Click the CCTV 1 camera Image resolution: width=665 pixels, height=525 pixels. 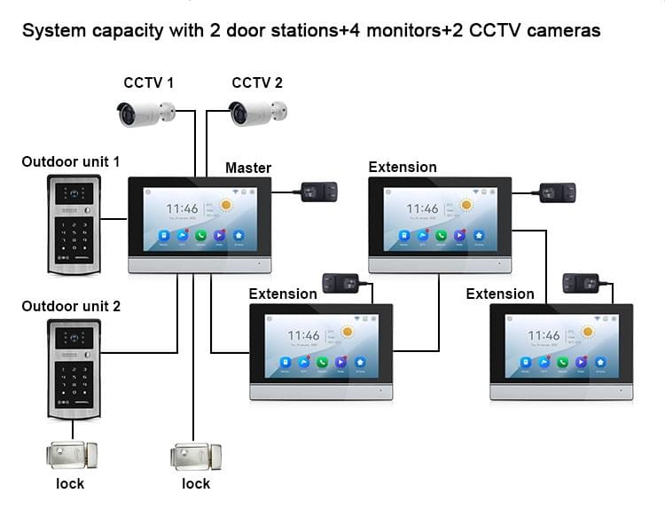click(145, 113)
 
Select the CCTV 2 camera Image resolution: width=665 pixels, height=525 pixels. click(257, 113)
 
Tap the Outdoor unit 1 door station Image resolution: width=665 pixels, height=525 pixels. click(74, 224)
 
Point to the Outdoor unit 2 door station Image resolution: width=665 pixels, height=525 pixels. click(74, 369)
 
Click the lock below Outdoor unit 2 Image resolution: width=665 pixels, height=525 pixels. click(73, 456)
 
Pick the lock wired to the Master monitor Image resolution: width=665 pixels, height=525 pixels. click(195, 456)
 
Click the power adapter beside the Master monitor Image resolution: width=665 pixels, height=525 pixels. click(319, 191)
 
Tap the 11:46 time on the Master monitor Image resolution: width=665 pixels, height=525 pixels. click(182, 209)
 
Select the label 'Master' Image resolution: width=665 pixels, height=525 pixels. click(248, 168)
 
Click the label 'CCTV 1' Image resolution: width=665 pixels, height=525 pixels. click(148, 83)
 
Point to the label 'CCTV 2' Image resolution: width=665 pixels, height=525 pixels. click(257, 83)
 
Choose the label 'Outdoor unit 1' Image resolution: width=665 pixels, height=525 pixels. click(71, 161)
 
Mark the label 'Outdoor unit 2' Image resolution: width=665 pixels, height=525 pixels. click(71, 306)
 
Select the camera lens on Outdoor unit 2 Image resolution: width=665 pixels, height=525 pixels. click(74, 337)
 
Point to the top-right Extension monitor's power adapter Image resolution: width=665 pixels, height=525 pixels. click(558, 192)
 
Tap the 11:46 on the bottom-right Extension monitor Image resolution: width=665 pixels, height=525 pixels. click(544, 335)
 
